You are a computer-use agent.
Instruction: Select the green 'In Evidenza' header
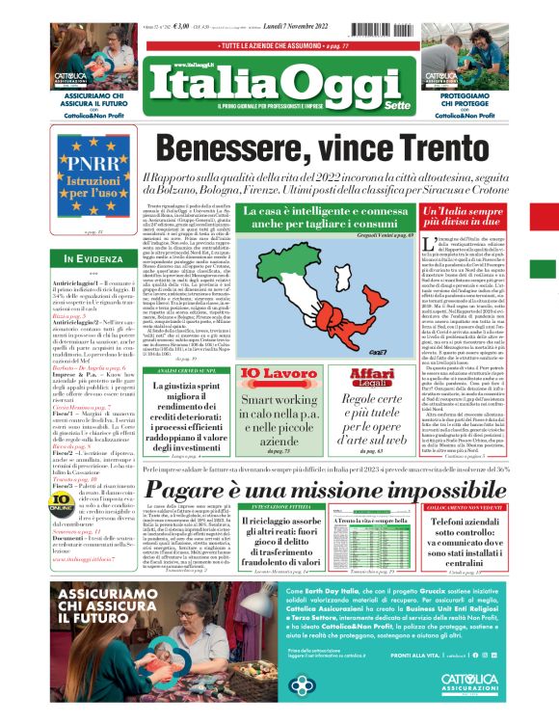pos(93,258)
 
